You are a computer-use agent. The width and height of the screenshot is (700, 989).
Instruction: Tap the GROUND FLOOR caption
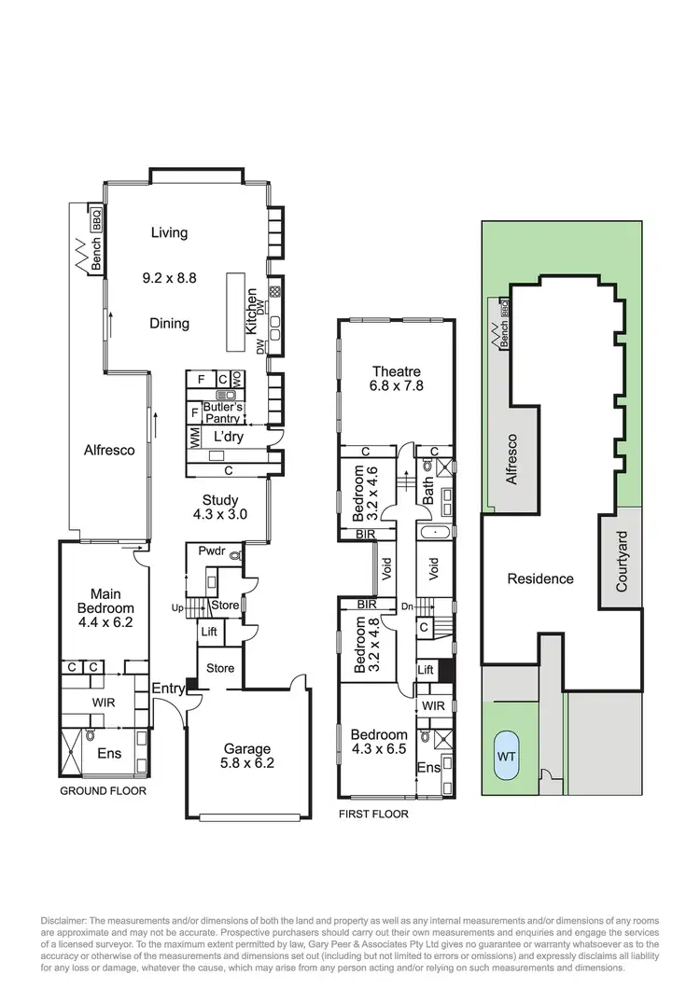tap(103, 790)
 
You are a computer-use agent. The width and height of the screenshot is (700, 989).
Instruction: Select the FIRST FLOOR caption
tap(373, 814)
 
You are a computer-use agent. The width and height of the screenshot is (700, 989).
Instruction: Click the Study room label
tap(220, 500)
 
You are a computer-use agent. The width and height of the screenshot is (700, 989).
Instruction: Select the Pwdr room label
tap(207, 550)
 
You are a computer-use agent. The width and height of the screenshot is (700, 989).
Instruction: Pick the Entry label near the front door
tap(168, 689)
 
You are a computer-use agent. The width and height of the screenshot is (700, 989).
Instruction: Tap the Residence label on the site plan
tap(539, 578)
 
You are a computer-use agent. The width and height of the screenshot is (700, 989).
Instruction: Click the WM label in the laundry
tap(195, 437)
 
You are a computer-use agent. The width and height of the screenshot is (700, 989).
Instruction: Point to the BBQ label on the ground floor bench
tap(95, 220)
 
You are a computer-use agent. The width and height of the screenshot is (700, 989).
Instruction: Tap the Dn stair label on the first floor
tap(405, 606)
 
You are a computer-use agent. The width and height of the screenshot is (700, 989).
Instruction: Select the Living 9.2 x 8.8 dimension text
tap(169, 277)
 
